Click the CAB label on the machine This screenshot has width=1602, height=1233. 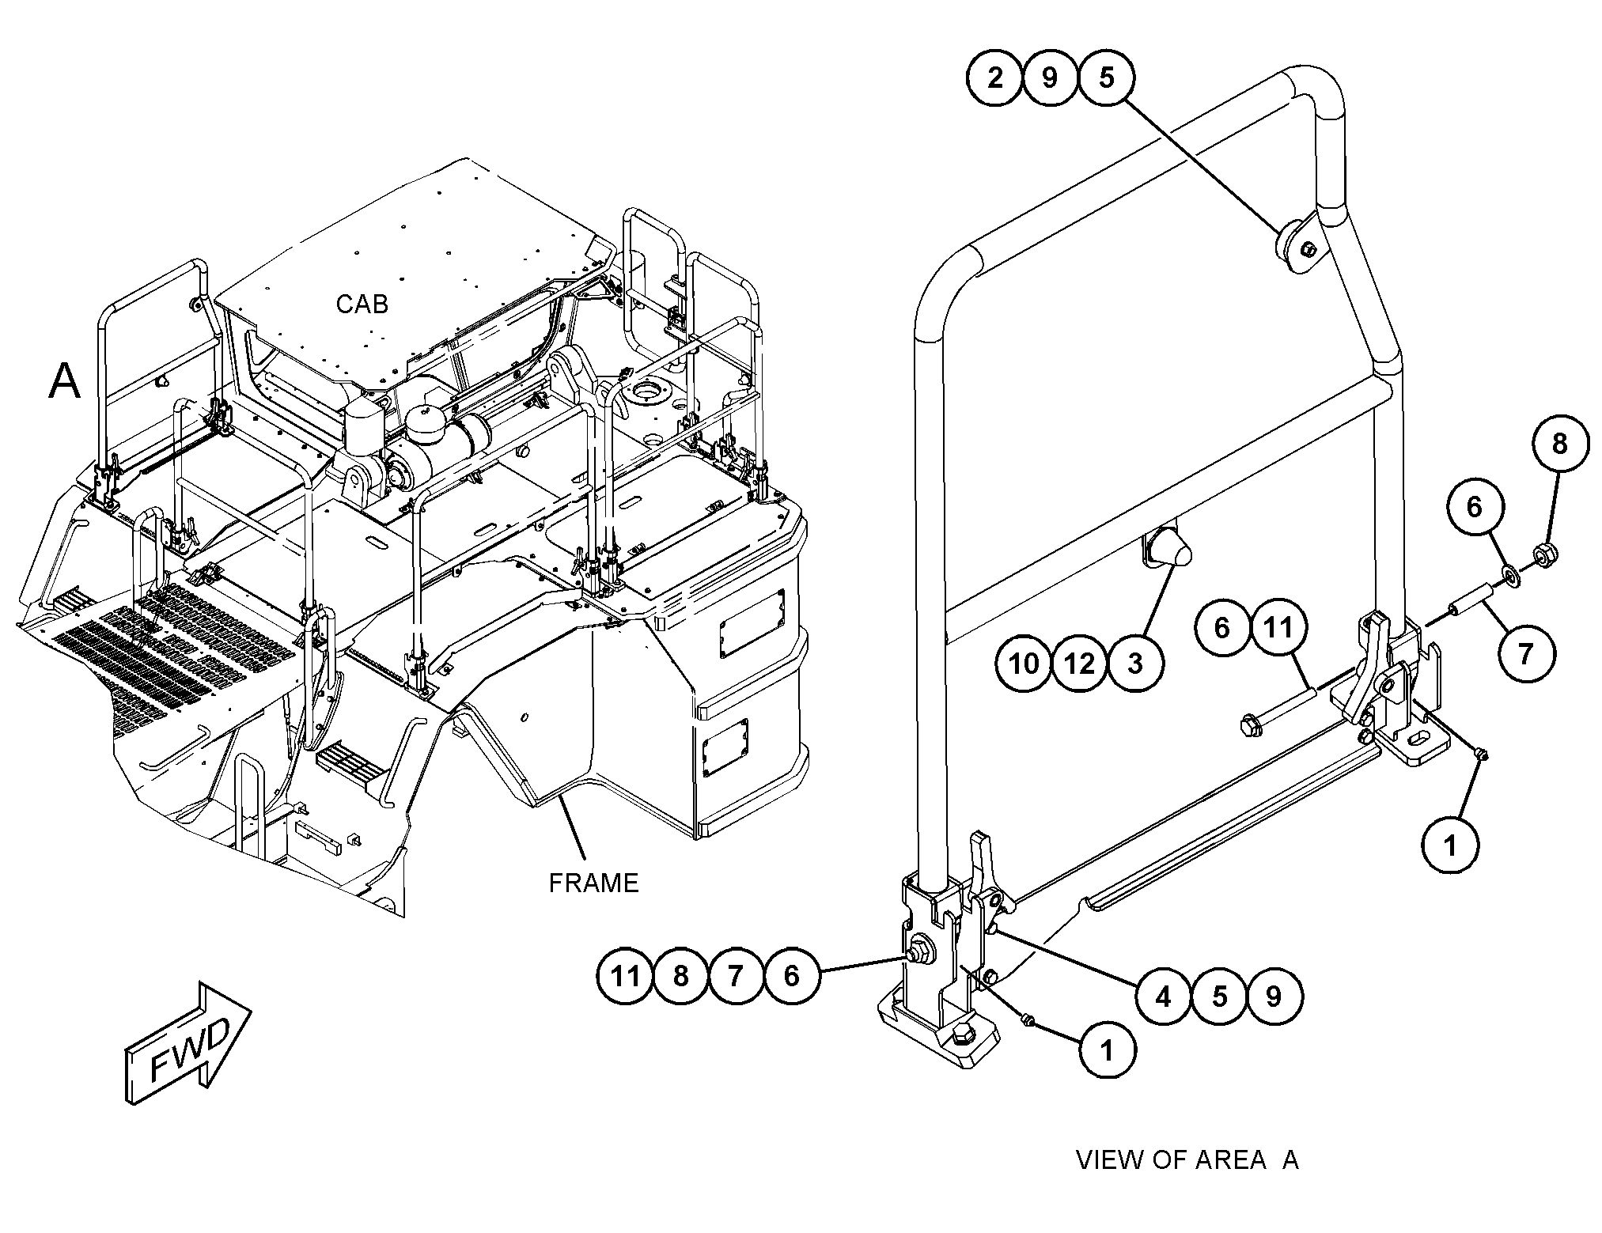click(362, 304)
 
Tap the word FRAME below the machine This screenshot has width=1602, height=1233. click(593, 882)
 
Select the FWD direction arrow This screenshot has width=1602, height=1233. click(187, 1045)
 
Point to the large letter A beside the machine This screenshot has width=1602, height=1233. click(65, 381)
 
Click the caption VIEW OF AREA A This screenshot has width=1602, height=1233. click(1187, 1160)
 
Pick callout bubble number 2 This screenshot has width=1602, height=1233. click(994, 78)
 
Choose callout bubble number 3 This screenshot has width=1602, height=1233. click(1135, 663)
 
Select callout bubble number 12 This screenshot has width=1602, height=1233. click(1080, 663)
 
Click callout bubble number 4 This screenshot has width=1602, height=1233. click(1163, 996)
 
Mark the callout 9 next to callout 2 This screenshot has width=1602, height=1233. click(1050, 78)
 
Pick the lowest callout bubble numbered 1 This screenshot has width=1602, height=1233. click(1107, 1050)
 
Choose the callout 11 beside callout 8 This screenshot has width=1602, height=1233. click(625, 976)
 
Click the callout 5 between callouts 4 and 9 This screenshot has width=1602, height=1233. click(1219, 996)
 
